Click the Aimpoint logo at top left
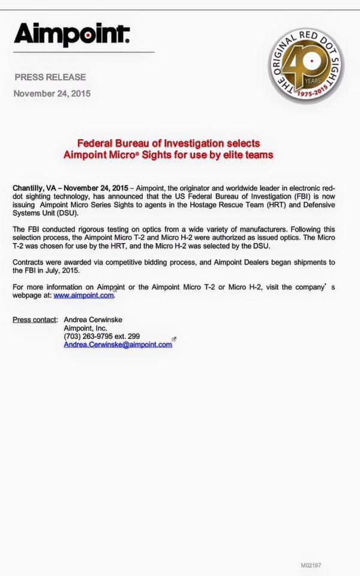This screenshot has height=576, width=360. click(71, 35)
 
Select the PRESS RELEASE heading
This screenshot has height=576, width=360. click(50, 77)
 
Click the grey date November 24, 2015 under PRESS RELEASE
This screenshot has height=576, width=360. click(52, 93)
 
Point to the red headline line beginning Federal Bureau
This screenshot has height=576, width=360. click(169, 143)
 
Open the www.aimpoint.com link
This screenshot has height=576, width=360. click(83, 295)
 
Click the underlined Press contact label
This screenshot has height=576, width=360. click(35, 319)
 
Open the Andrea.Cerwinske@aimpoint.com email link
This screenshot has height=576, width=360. click(118, 344)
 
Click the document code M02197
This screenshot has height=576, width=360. click(311, 565)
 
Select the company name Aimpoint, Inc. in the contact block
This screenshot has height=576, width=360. click(85, 328)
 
